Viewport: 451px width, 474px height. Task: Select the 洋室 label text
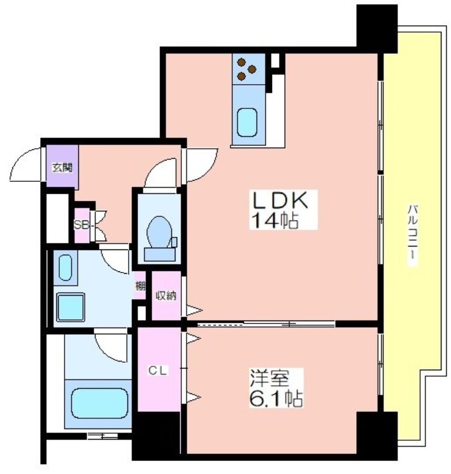(268, 378)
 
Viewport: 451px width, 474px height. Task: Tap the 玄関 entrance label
(62, 168)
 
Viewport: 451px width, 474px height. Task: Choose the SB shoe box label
(81, 225)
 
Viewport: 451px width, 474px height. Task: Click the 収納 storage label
(166, 296)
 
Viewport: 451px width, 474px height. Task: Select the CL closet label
(157, 371)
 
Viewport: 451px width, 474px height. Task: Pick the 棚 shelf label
(140, 286)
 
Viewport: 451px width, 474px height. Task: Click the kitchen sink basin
(247, 123)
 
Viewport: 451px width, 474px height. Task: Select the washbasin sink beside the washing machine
(65, 268)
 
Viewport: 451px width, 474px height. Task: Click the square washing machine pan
(71, 307)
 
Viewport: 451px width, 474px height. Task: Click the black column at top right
(377, 29)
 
